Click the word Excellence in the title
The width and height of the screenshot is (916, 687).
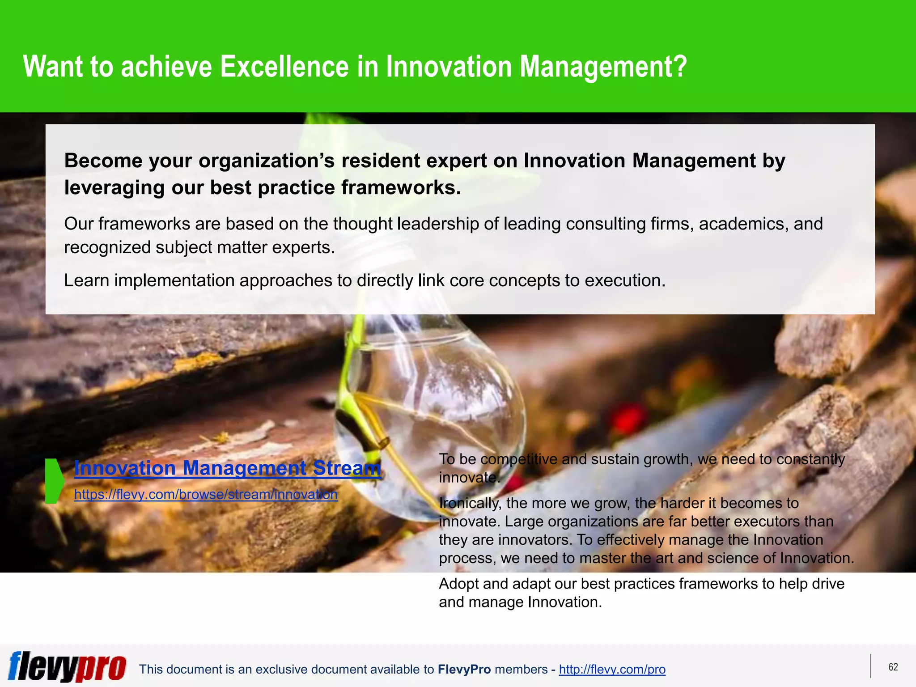284,67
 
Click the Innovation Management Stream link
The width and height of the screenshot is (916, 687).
227,468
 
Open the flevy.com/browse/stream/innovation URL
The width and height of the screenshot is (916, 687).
206,495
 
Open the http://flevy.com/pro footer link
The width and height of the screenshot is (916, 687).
612,670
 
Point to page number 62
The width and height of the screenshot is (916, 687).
893,667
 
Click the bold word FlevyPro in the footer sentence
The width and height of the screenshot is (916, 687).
464,670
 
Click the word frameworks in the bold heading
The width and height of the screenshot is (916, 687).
401,188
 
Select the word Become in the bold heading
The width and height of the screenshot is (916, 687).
103,161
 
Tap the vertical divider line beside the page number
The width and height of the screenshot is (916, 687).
871,666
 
